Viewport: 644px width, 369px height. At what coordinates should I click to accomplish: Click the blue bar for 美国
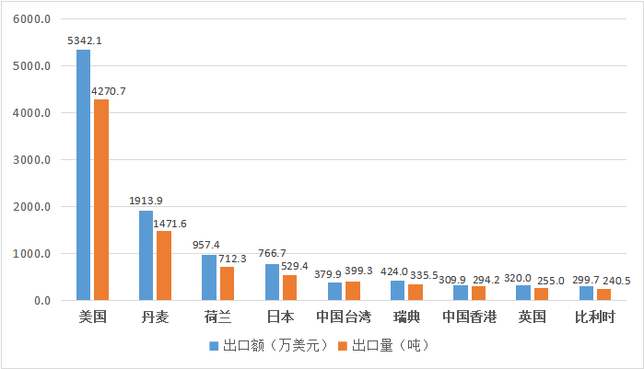[x=83, y=175]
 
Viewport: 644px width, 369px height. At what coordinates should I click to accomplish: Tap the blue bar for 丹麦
[x=146, y=255]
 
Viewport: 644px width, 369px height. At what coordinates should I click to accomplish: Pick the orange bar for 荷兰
[x=227, y=283]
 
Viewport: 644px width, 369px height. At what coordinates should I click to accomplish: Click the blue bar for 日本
[x=272, y=282]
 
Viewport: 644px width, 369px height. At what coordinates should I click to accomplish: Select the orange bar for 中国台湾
[x=352, y=291]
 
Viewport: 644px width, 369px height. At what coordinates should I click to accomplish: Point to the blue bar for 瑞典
[x=398, y=290]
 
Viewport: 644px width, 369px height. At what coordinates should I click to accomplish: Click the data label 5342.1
[x=84, y=40]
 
